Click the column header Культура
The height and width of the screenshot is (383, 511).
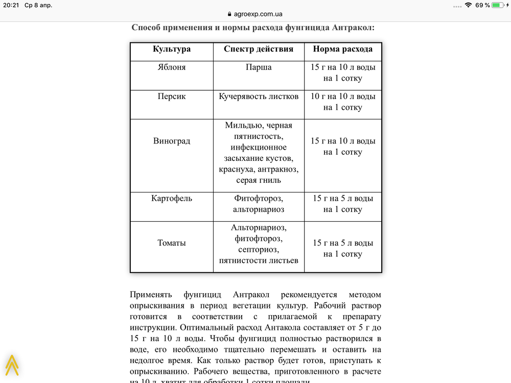(x=172, y=49)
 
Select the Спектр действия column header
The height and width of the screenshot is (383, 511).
(x=259, y=49)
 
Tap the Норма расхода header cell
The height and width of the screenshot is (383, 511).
(x=342, y=49)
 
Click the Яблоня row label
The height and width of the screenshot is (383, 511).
(x=172, y=67)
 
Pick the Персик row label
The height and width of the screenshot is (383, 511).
(x=172, y=97)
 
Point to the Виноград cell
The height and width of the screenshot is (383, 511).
(x=172, y=141)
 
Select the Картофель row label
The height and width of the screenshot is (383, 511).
(x=172, y=199)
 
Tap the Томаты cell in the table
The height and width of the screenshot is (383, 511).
(x=172, y=243)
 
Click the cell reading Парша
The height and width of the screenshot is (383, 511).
(x=259, y=67)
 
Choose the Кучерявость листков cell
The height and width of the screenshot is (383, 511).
(x=259, y=97)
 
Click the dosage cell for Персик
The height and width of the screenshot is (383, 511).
(x=342, y=102)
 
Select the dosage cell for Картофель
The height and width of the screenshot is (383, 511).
(x=342, y=204)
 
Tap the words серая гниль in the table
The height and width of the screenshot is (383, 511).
(x=259, y=180)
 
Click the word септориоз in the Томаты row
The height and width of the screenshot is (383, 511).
(x=259, y=250)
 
